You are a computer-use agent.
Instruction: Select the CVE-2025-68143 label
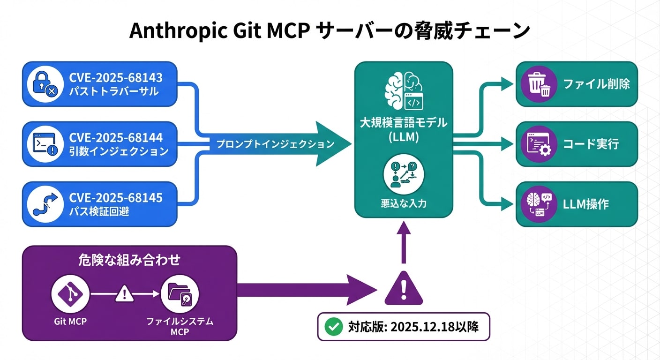point(116,77)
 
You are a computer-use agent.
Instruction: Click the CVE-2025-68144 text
point(116,137)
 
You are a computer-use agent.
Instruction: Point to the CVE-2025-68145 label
point(116,197)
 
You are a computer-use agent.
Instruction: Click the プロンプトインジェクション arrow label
point(275,144)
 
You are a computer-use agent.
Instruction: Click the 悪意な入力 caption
point(404,204)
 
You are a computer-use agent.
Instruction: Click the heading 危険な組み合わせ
point(129,261)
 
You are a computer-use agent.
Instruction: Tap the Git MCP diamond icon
point(70,294)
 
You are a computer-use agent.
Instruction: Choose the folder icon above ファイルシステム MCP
point(180,294)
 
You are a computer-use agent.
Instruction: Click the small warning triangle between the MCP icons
point(124,294)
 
